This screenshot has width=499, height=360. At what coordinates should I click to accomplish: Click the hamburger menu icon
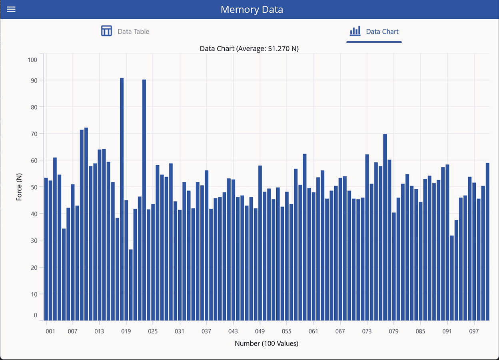[11, 9]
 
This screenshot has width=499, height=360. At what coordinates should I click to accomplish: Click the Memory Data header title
[251, 10]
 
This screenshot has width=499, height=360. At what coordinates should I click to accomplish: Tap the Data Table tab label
[133, 32]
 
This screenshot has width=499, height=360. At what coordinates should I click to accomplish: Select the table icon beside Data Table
[106, 31]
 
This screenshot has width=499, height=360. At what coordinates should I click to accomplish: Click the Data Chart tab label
[382, 32]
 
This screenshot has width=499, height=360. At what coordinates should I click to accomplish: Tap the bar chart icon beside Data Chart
[355, 31]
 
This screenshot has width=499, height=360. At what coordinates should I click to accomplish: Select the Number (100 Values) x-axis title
[266, 344]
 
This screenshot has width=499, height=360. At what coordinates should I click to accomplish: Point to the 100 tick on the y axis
[32, 60]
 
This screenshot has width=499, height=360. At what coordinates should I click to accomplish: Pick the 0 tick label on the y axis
[35, 315]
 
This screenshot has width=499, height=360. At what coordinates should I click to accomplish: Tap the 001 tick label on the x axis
[50, 332]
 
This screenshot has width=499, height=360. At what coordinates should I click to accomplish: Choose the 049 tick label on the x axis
[260, 332]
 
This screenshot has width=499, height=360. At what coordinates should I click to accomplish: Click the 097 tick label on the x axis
[474, 332]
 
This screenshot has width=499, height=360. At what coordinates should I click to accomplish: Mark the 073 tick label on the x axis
[367, 332]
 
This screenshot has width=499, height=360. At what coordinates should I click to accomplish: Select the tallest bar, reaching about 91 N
[122, 200]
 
